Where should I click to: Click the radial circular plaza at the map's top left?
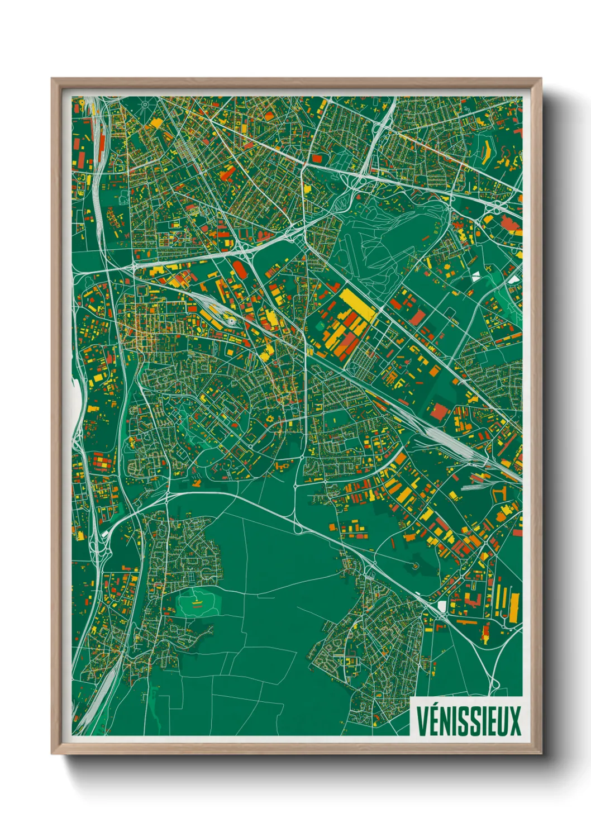tap(146, 103)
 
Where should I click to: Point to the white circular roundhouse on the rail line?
tap(231, 321)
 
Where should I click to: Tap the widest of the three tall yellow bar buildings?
tap(513, 607)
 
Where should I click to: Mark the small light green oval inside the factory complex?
tap(321, 324)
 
